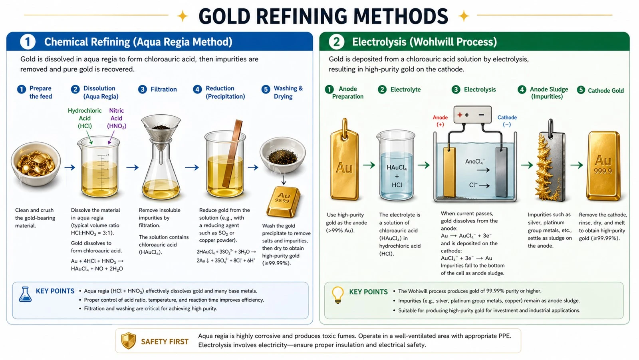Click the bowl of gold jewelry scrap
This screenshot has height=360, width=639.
pos(36,164)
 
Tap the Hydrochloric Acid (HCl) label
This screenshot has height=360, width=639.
pos(85,118)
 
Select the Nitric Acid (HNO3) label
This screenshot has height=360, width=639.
pos(116,118)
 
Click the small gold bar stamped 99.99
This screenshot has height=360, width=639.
pos(283,202)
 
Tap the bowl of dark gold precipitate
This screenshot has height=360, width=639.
pos(282,155)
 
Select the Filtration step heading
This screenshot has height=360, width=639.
pos(164,90)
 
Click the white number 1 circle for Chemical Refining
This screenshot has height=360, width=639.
pos(28,42)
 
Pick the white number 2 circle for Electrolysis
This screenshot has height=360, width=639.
pos(336,42)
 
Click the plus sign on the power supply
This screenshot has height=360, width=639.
pos(460,115)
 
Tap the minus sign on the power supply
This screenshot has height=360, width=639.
pos(481,115)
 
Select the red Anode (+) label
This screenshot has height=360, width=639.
pos(440,121)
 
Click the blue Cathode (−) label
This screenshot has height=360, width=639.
pos(507,121)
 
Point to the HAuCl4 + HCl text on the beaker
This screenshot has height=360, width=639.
pos(397,176)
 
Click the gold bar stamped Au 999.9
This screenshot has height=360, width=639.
pos(603,165)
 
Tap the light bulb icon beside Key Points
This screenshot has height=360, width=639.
pos(338,295)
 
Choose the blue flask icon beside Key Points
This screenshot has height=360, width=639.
pos(25,294)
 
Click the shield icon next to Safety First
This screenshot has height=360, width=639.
pos(128,340)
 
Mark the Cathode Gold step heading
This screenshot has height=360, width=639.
pos(605,91)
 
